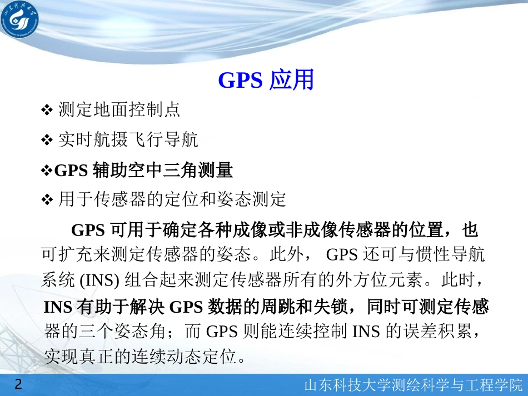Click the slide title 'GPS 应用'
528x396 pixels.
(x=266, y=81)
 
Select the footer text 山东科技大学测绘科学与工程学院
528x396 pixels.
(x=414, y=385)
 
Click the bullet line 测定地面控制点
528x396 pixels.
(x=119, y=110)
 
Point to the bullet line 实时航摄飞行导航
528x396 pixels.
(x=128, y=140)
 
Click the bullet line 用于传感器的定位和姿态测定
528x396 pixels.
(x=172, y=199)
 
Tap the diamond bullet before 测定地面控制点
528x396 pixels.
(x=47, y=111)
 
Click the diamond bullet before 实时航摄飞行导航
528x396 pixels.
(x=47, y=141)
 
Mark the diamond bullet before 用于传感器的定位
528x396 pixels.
(x=47, y=199)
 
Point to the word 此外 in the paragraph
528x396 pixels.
(x=286, y=255)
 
